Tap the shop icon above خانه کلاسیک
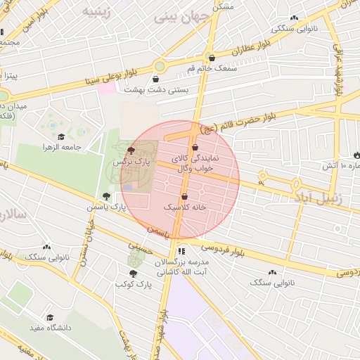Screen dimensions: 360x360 tap(184, 197)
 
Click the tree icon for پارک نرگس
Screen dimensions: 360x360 tap(131, 150)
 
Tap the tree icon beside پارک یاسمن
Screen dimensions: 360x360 tap(105, 196)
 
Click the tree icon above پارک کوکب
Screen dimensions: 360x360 tap(133, 273)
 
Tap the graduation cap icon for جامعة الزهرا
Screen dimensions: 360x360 tap(61, 137)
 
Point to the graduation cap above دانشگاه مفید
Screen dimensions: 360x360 tap(50, 317)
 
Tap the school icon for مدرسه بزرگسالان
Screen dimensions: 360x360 tap(181, 251)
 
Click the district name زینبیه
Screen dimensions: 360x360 tap(96, 11)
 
